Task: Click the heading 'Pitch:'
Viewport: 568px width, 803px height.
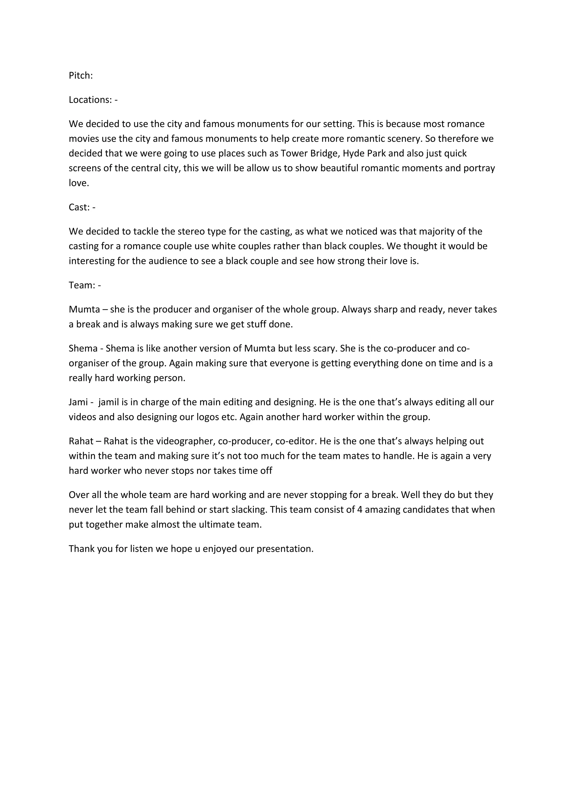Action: pyautogui.click(x=81, y=75)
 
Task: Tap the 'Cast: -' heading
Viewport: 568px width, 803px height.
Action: pyautogui.click(x=82, y=207)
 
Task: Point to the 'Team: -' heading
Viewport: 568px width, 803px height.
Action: pyautogui.click(x=85, y=285)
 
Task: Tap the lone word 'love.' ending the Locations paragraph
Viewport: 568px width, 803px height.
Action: pyautogui.click(x=79, y=183)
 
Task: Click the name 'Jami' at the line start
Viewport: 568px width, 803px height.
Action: pyautogui.click(x=78, y=402)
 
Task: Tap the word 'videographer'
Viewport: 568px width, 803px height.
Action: pyautogui.click(x=185, y=441)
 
